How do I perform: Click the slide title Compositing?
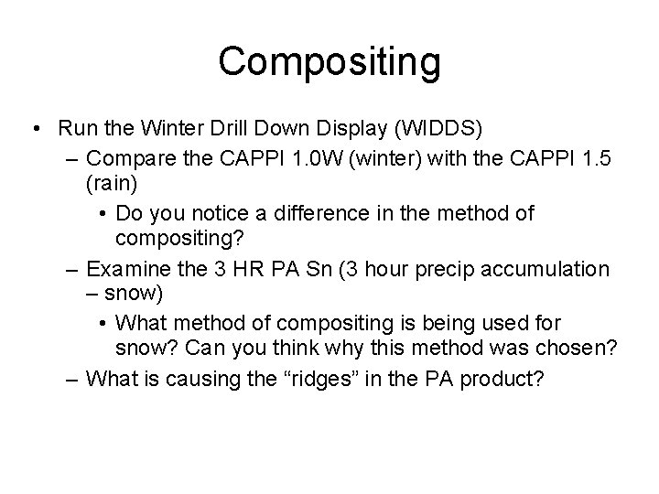(x=329, y=61)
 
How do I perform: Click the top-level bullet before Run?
(x=34, y=127)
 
